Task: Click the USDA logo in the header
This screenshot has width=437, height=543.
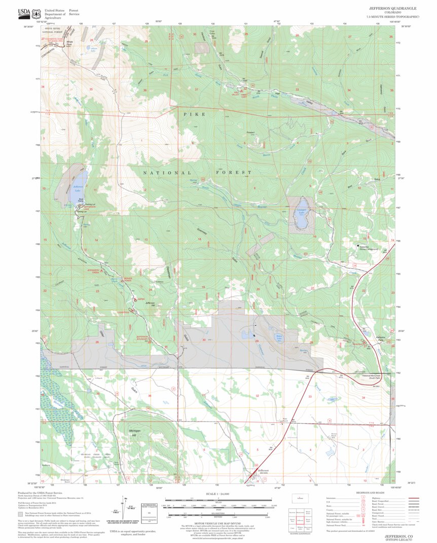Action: [24, 12]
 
